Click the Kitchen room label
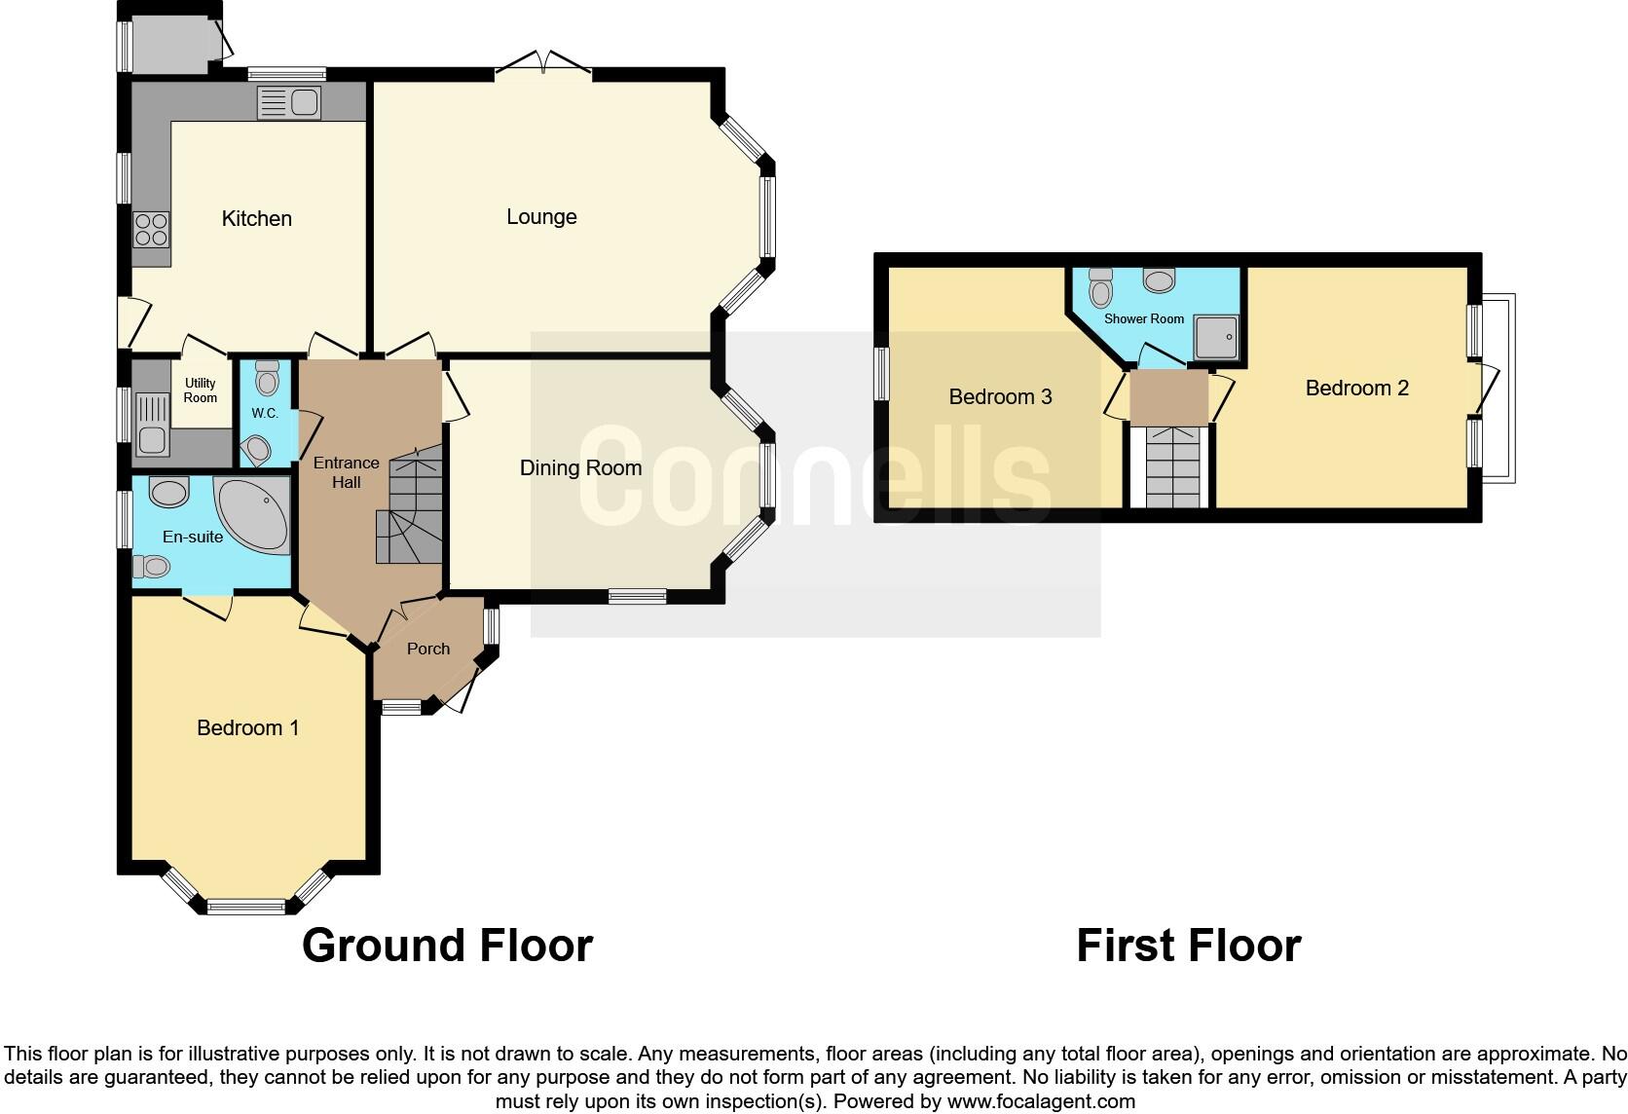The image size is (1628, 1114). [x=256, y=218]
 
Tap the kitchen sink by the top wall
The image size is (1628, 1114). [x=289, y=102]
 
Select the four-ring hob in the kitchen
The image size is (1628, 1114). [x=151, y=229]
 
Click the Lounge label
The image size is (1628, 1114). [x=541, y=216]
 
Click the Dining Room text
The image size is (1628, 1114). [x=580, y=467]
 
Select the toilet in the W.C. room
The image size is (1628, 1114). [x=266, y=377]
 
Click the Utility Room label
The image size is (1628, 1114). [x=201, y=390]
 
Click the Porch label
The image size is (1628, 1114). [x=428, y=649]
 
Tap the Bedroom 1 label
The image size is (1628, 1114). [x=247, y=727]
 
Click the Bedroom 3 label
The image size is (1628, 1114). [x=1000, y=396]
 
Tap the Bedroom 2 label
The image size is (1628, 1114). [x=1356, y=388]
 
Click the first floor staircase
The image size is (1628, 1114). [x=1169, y=467]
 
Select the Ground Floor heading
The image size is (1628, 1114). [x=447, y=945]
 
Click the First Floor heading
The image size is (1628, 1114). [x=1188, y=945]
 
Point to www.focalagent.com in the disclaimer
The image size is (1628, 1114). [x=1041, y=1101]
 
